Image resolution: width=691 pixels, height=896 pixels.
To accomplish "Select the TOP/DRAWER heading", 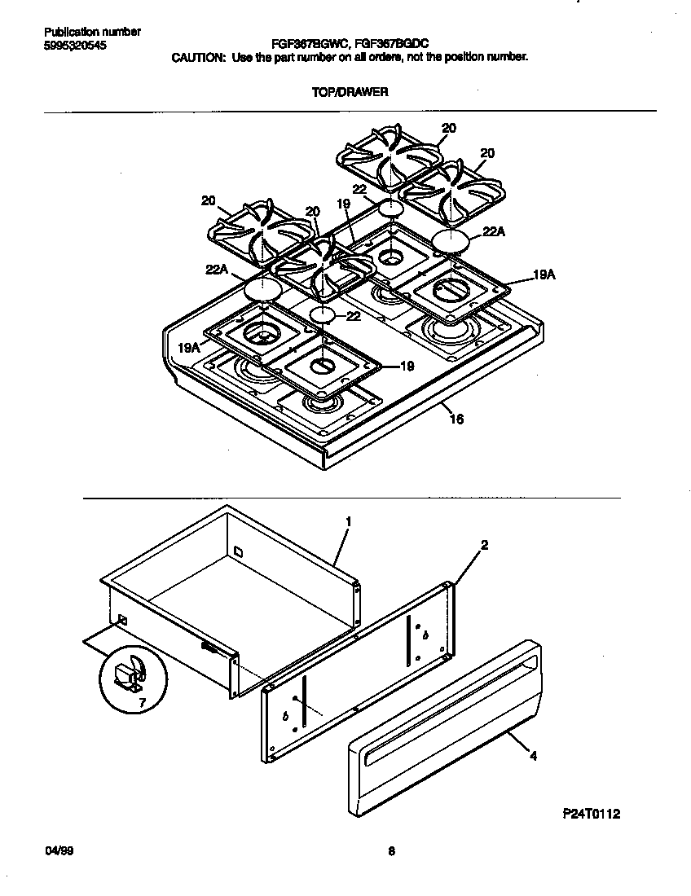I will point(350,92).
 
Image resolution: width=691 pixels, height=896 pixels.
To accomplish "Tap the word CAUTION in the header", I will point(197,58).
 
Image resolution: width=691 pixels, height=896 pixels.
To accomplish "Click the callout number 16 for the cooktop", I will point(456,420).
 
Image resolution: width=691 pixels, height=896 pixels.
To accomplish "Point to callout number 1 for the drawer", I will point(348,520).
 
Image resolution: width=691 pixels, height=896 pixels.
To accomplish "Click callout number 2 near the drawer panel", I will point(484,546).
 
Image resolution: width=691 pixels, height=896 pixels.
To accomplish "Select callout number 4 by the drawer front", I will point(533,757).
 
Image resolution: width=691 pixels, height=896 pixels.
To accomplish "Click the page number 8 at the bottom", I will point(391,852).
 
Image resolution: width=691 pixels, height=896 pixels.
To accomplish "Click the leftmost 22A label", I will point(216,270).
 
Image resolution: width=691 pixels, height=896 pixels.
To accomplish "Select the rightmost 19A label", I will point(544,276).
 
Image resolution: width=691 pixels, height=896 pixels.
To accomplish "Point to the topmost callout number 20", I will point(449,127).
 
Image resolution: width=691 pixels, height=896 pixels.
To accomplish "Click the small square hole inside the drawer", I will point(237,551).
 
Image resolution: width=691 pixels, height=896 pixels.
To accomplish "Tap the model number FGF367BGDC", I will point(394,45).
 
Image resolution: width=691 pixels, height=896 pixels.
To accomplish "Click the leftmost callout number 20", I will point(209,200).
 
